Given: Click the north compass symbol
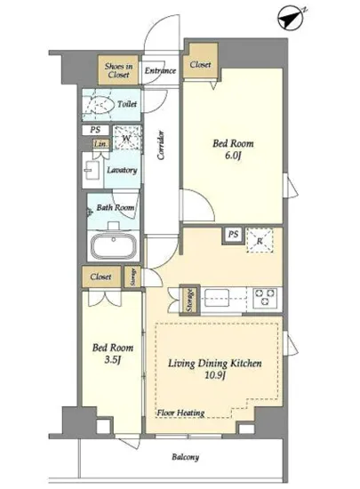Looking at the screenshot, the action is [292, 18].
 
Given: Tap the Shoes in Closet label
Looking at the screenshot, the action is [118, 70].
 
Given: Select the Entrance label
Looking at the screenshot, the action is [160, 70].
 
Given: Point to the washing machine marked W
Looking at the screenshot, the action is [127, 138].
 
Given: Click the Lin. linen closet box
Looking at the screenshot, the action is [101, 144].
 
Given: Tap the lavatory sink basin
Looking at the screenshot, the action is [92, 170].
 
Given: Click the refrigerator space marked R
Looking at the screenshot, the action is [260, 240].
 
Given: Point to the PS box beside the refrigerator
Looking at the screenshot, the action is [233, 234].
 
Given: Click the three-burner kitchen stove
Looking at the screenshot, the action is [265, 298].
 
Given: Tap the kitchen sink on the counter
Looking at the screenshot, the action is [217, 298].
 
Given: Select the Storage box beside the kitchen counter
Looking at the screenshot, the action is [189, 300].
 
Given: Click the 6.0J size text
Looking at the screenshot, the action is [233, 156].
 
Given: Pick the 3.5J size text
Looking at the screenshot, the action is [112, 360].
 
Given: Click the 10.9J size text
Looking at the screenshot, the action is [215, 375].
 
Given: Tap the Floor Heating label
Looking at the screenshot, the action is [180, 413].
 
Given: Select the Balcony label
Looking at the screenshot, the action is [186, 457].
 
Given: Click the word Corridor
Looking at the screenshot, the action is [161, 146].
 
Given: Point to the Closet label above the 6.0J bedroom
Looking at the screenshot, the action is [200, 65].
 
